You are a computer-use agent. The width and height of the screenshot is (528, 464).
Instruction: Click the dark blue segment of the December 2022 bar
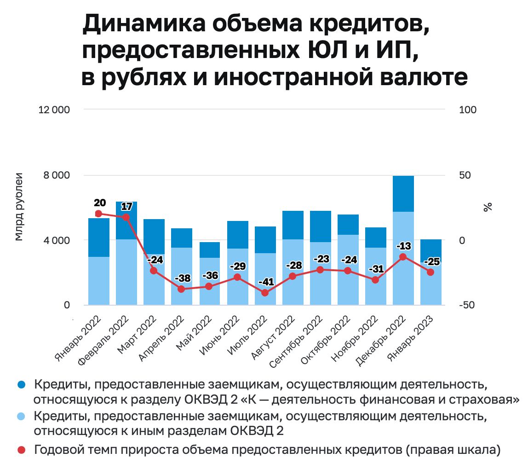(x=403, y=193)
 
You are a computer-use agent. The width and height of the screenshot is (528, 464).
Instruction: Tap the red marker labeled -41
(x=265, y=293)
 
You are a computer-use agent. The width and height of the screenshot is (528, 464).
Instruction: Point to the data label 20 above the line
(x=99, y=203)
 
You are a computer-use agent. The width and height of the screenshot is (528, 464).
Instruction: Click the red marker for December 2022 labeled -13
(x=403, y=257)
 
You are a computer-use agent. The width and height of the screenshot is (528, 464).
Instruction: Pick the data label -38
(x=183, y=278)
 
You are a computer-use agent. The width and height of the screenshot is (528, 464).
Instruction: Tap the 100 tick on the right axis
(x=468, y=110)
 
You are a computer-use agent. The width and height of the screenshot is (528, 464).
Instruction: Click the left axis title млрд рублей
(x=18, y=207)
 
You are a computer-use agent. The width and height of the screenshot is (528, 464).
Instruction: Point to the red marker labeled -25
(x=430, y=273)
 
